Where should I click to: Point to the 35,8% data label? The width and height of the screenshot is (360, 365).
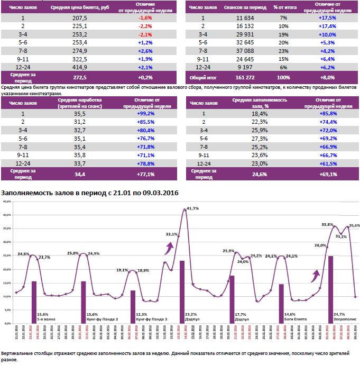pyautogui.click(x=327, y=225)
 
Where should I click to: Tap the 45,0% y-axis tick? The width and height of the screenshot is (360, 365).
pyautogui.click(x=7, y=202)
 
